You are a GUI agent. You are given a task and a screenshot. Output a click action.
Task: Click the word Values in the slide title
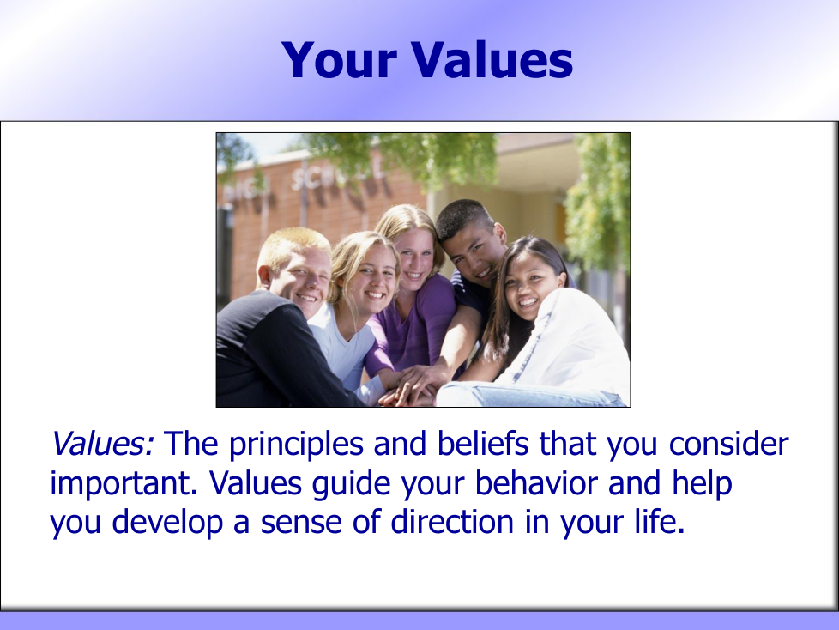[492, 59]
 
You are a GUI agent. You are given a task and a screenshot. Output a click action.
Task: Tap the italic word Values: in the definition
[103, 444]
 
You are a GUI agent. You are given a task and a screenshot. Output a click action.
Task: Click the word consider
[729, 444]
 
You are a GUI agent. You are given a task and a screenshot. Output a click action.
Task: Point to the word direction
[452, 523]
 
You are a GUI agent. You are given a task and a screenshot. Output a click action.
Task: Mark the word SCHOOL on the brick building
[337, 175]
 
